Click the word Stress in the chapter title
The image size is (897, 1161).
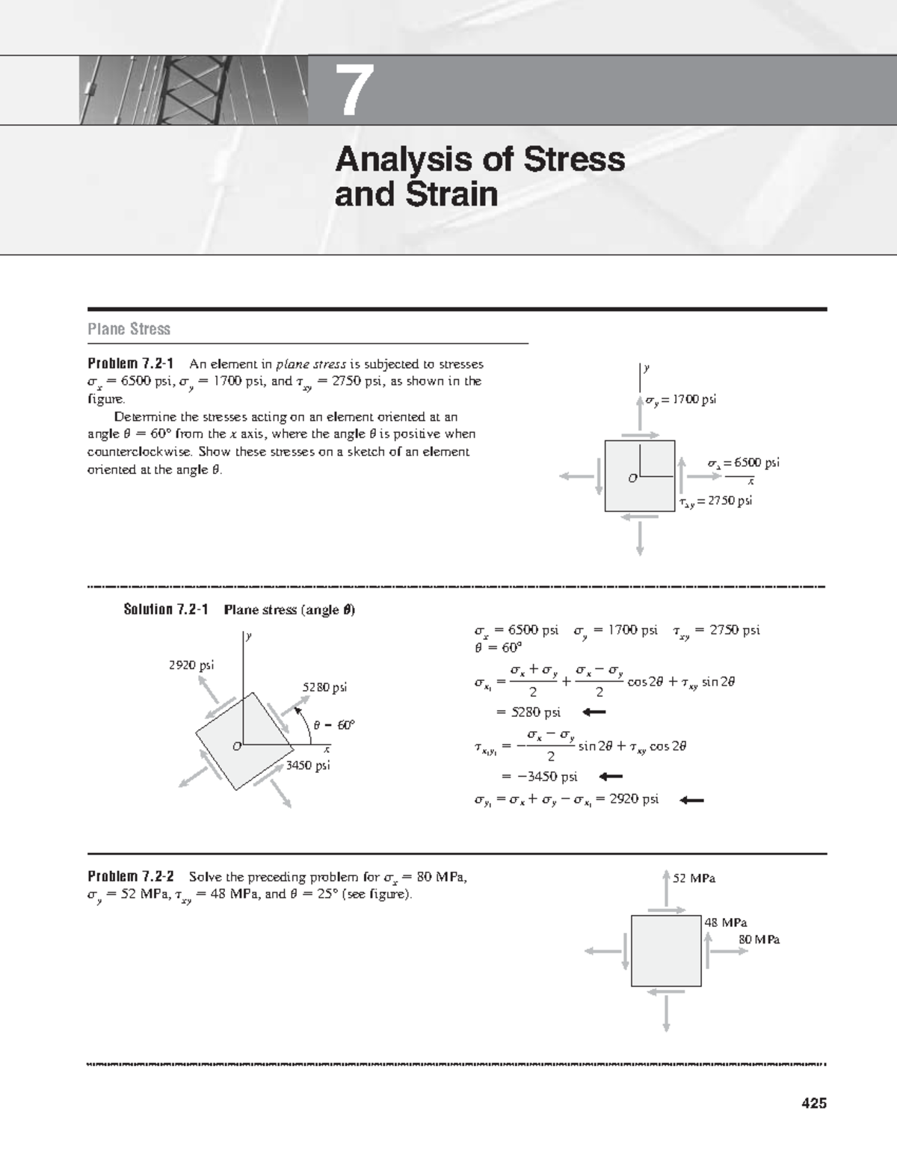click(x=576, y=159)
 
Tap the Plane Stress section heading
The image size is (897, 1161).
click(x=129, y=329)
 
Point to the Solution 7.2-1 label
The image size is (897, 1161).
click(x=165, y=609)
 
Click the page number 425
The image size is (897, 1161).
click(x=813, y=1103)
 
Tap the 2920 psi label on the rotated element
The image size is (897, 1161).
click(x=192, y=665)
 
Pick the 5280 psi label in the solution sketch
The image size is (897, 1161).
click(x=324, y=687)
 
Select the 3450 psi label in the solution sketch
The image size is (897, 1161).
click(x=308, y=765)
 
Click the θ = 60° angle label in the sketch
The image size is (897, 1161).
click(x=334, y=724)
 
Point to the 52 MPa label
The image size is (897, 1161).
click(x=694, y=878)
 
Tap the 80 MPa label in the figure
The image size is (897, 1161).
click(x=759, y=940)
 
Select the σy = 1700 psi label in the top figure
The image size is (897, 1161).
click(x=681, y=399)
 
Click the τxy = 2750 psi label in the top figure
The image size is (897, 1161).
click(x=716, y=501)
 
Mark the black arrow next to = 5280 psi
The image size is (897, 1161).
click(x=594, y=712)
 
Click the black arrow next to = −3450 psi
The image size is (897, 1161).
click(x=611, y=776)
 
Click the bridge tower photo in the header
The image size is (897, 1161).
click(x=193, y=90)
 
